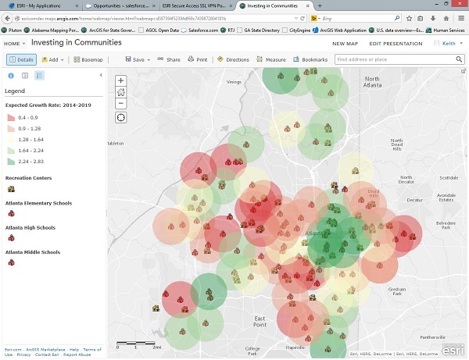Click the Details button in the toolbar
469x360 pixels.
[x=23, y=59]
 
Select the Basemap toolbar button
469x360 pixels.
[x=88, y=59]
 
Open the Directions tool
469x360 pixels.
[x=233, y=59]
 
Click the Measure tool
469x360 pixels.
[x=271, y=59]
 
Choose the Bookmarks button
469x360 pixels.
[x=310, y=59]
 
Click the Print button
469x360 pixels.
[x=198, y=59]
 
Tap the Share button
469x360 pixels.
[x=169, y=59]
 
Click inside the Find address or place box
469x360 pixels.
[x=391, y=59]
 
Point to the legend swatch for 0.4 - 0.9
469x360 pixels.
[x=10, y=116]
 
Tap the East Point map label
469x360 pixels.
[x=260, y=319]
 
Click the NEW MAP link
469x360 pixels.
[x=345, y=43]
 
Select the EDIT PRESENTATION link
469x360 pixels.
[x=396, y=43]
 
